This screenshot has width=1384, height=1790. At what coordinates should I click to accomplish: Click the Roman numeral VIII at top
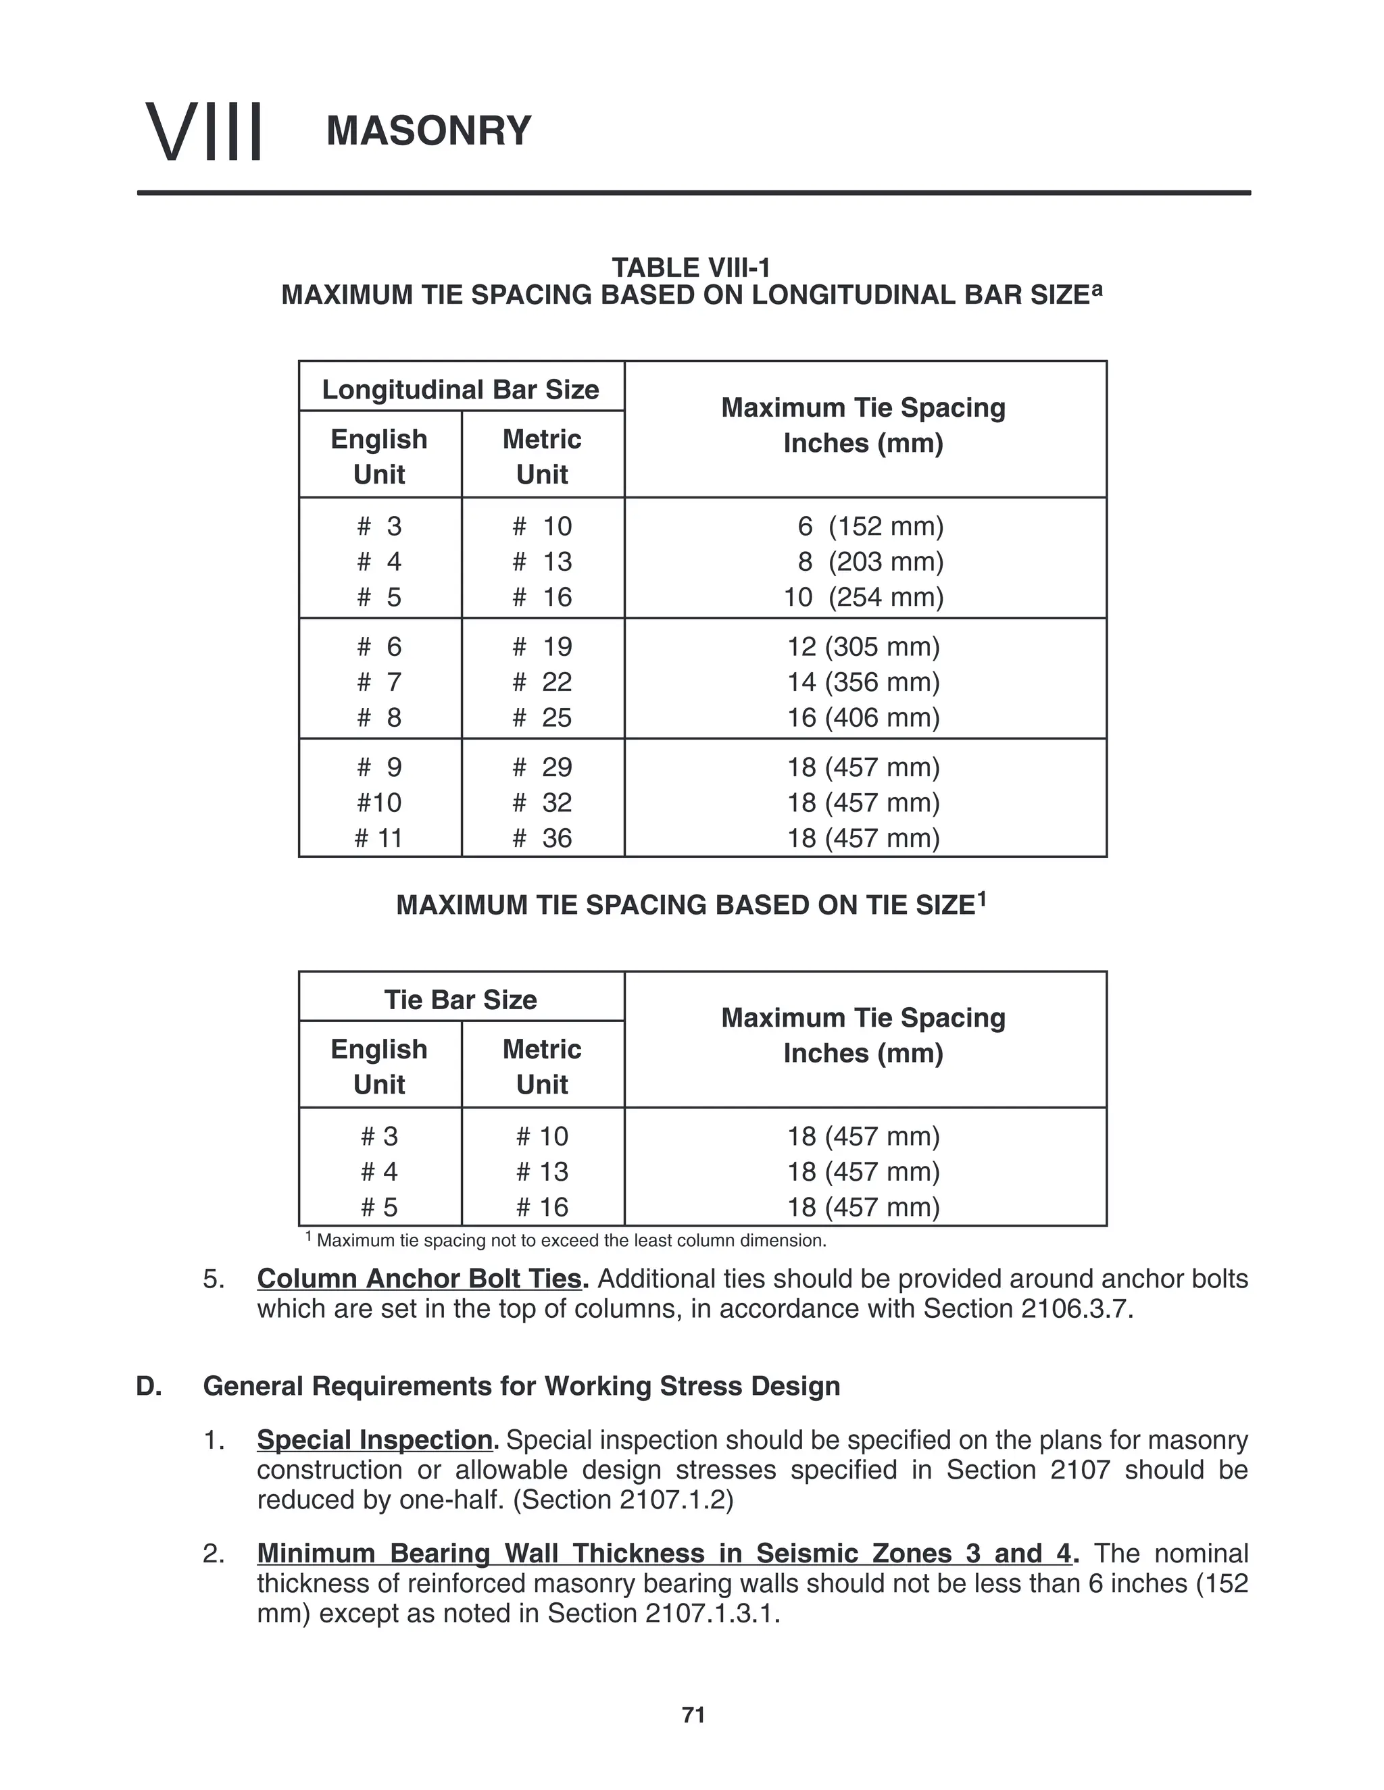coord(204,131)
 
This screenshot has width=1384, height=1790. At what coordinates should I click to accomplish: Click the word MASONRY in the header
coord(429,131)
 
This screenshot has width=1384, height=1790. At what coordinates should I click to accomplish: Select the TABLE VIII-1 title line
coord(691,267)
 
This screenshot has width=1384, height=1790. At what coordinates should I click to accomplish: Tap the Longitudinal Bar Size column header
coord(460,389)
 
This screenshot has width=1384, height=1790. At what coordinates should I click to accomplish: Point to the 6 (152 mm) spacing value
coord(870,526)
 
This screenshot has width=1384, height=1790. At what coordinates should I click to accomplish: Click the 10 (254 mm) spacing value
coord(864,596)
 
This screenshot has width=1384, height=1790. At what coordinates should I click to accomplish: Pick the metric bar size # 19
coord(542,646)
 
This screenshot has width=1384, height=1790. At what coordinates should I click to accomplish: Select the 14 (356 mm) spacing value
coord(864,682)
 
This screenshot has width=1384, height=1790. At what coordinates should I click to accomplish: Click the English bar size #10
coord(379,802)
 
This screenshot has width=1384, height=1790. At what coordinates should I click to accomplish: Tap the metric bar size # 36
coord(542,838)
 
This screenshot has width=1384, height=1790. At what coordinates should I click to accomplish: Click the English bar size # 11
coord(379,838)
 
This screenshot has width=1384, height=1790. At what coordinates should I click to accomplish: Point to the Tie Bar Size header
coord(460,1000)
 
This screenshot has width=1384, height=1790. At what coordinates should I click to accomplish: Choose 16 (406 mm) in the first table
coord(864,717)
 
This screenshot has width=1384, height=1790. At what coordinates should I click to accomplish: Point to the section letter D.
coord(149,1386)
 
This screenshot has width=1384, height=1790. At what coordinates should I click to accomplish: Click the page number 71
coord(693,1714)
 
